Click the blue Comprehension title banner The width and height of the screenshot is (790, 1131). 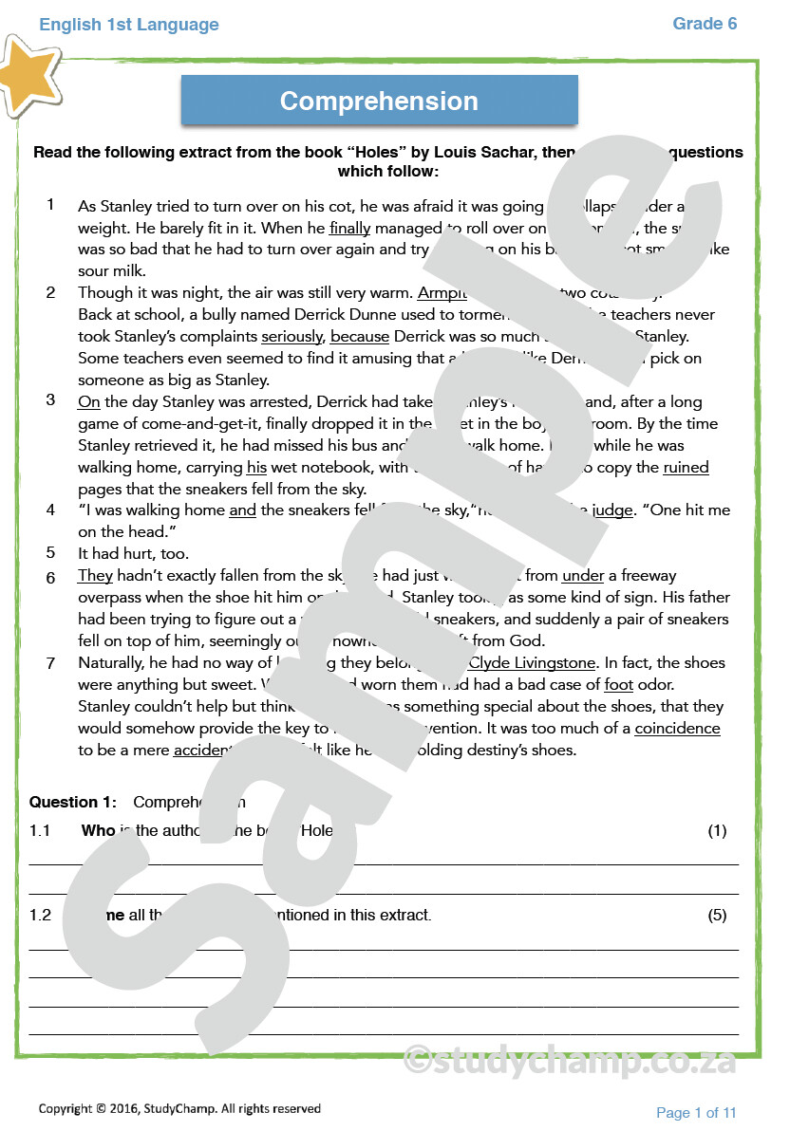pos(379,101)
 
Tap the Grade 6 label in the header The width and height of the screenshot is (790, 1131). pos(705,24)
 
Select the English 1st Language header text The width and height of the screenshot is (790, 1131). pos(129,25)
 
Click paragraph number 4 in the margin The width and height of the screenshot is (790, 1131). pos(51,510)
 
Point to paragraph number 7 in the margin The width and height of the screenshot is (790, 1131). pos(51,663)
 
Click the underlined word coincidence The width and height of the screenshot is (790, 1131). pos(677,728)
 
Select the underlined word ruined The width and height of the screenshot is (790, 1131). pos(686,467)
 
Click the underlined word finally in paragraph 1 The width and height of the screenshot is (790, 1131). pos(349,228)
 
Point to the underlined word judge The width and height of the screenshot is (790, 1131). pos(611,510)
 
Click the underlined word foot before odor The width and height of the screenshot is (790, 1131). pos(618,684)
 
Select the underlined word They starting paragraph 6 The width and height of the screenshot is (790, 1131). pos(95,575)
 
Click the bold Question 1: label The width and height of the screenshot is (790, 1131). pos(73,802)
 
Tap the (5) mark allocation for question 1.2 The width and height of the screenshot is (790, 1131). pos(717,915)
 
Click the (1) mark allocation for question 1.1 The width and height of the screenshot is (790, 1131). pos(717,830)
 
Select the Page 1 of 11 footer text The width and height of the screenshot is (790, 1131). pos(696,1112)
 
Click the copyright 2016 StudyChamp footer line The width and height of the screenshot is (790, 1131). pos(179,1108)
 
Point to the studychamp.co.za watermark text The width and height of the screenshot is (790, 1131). pos(570,1060)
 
